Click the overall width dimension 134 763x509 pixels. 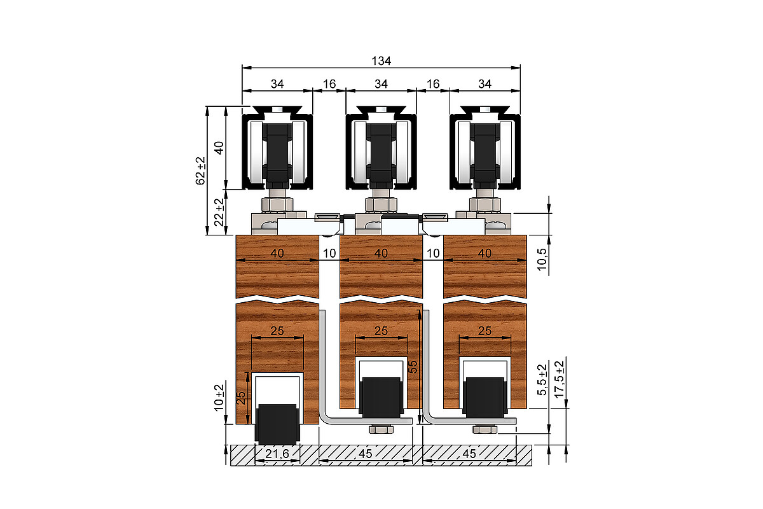pyautogui.click(x=381, y=61)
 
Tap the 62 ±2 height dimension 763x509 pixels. pyautogui.click(x=201, y=171)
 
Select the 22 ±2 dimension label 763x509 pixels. pyautogui.click(x=219, y=213)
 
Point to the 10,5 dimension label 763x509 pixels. pyautogui.click(x=542, y=260)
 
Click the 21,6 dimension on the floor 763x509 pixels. pyautogui.click(x=277, y=454)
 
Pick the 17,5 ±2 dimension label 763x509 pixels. pyautogui.click(x=559, y=379)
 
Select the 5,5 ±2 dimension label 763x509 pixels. pyautogui.click(x=542, y=380)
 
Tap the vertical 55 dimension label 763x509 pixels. pyautogui.click(x=413, y=367)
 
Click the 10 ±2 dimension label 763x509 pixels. pyautogui.click(x=219, y=398)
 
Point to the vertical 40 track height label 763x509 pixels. pyautogui.click(x=219, y=148)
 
